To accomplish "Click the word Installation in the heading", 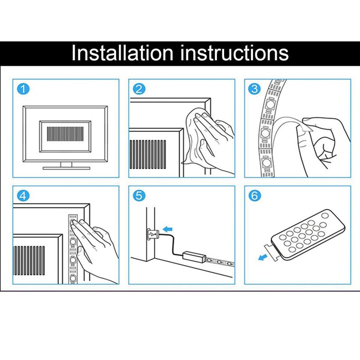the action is coord(122,53).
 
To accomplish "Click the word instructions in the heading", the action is coord(234,53).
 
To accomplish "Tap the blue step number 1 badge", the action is coord(23,89).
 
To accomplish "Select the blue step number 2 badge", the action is coord(139,89).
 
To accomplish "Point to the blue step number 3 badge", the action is coord(255,89).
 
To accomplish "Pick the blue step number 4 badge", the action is coord(23,196).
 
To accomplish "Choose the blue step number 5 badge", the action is coord(139,196).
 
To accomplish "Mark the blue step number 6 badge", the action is coord(255,196).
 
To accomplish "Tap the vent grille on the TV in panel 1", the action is coord(65,134).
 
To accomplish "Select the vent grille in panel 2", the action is coord(148,154).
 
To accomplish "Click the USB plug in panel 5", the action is coord(153,234).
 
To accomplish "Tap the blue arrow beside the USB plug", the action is coord(167,229).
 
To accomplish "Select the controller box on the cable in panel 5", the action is coord(194,256).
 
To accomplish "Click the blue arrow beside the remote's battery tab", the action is coord(263,257).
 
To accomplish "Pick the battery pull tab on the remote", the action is coord(271,252).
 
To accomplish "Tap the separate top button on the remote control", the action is coord(325,216).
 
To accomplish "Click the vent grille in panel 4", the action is coord(29,261).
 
